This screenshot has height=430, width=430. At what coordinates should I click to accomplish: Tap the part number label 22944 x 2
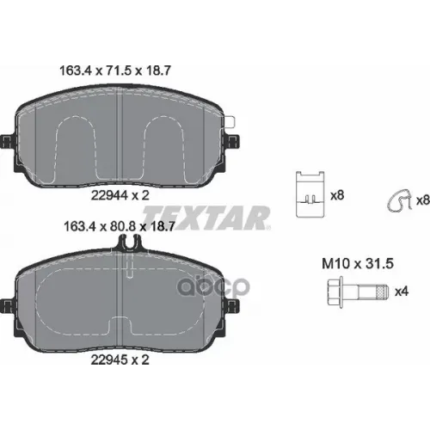120,195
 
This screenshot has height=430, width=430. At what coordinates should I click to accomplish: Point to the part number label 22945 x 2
120,359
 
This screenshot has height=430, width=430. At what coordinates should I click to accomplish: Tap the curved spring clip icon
396,200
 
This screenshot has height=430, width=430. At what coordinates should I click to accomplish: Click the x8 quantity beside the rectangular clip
337,195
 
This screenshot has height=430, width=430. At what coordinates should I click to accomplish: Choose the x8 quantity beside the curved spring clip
422,200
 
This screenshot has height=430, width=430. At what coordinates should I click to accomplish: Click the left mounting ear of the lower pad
8,302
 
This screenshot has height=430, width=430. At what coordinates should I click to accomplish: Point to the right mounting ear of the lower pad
232,302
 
